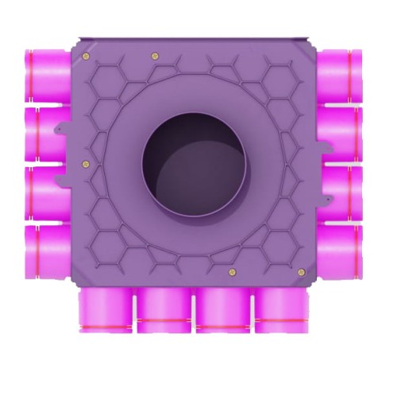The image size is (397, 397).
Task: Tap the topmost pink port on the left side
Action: [x=47, y=73]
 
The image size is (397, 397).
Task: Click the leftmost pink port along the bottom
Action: [x=106, y=311]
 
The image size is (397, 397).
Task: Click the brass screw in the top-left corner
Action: [x=84, y=55]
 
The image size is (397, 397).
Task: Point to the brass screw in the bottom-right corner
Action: [x=301, y=272]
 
